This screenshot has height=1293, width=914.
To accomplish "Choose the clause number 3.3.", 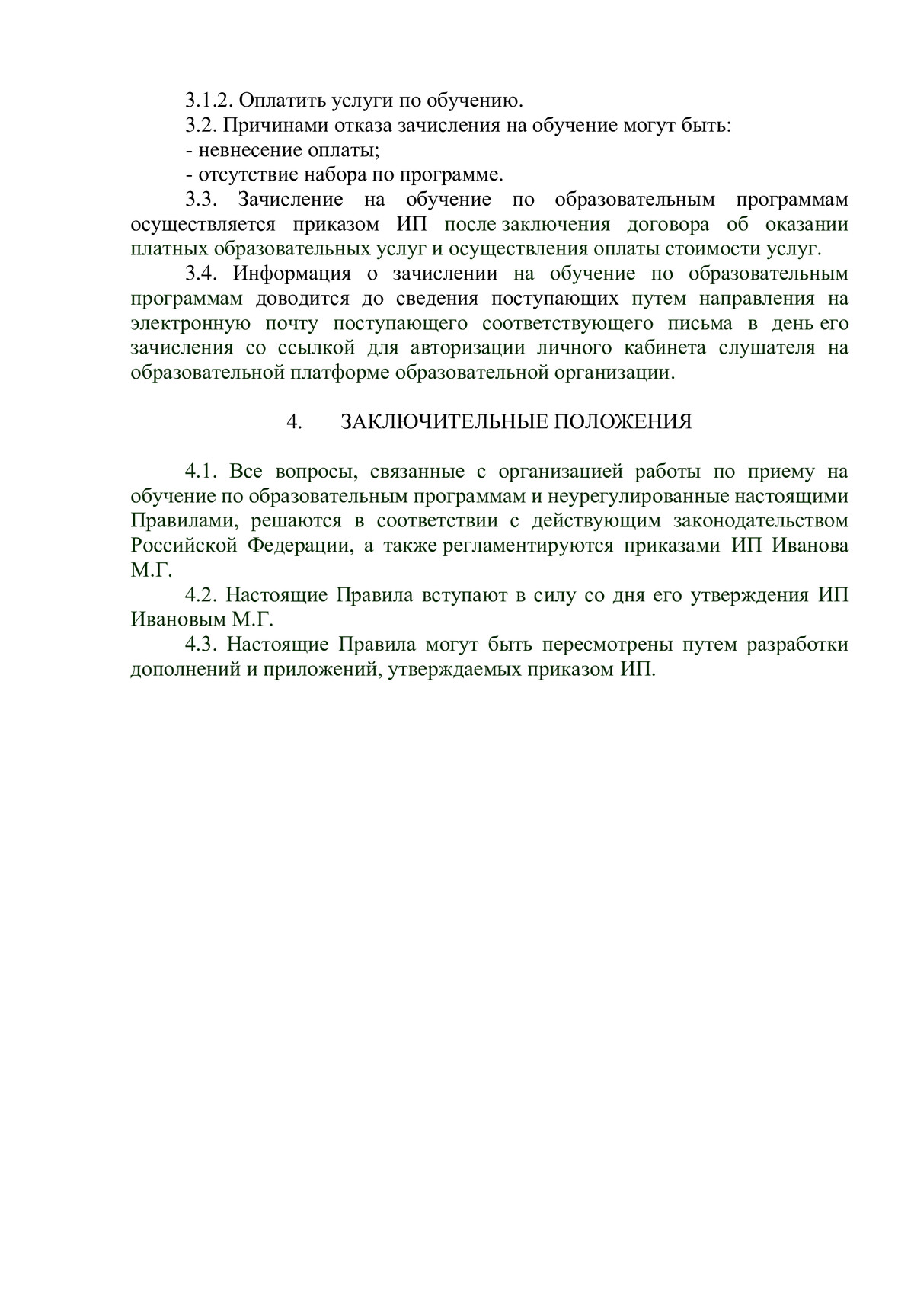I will coord(202,200).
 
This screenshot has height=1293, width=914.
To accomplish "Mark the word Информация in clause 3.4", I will coord(292,274).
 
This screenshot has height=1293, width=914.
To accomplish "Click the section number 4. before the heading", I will coord(294,423).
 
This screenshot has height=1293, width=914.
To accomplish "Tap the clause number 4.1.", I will coord(202,472).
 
